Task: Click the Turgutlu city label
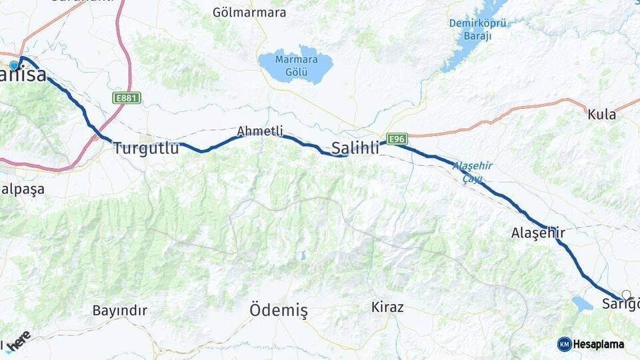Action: coord(146,148)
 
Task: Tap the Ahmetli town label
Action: coord(260,131)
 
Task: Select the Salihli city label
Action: coord(355,148)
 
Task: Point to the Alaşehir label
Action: coord(538,233)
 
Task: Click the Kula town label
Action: coord(601,114)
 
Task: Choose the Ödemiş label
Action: coord(279,310)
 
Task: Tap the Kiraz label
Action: coord(387,307)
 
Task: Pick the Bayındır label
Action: coord(119,310)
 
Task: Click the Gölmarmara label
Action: coord(249,12)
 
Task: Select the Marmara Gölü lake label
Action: coord(297,65)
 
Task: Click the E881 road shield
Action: coord(127,98)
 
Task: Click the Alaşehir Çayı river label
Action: coord(472,171)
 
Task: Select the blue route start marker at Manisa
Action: coord(14,65)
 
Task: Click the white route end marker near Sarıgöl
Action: coord(626,294)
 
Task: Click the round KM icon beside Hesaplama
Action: coord(565,344)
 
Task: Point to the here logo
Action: coord(19,339)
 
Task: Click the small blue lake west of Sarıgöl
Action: coord(582,304)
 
